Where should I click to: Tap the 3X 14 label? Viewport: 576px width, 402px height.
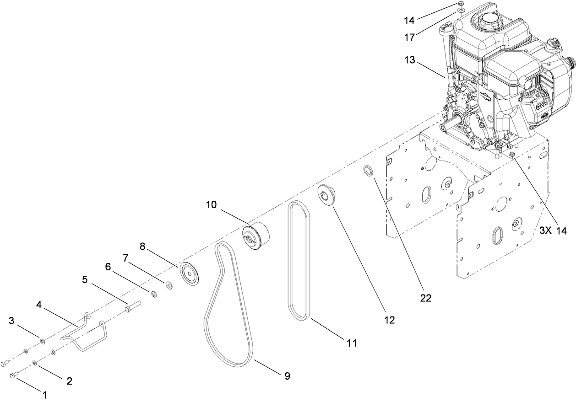(553, 231)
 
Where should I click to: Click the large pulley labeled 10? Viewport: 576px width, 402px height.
(255, 236)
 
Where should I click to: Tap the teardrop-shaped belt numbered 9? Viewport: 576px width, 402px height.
(228, 306)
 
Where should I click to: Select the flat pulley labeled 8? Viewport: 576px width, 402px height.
(190, 274)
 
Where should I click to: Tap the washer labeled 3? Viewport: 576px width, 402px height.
(42, 341)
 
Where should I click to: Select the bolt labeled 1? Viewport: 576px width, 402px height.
(14, 375)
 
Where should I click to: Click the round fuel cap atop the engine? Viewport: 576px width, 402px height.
(486, 21)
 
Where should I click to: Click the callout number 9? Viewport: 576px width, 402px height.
(287, 376)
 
